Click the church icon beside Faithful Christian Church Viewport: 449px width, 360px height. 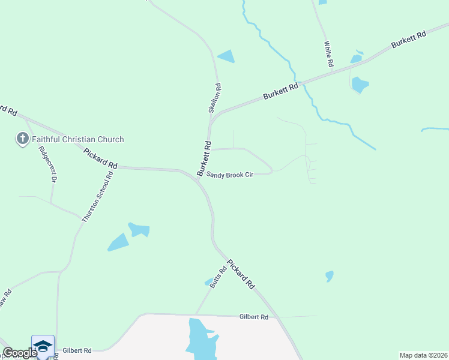(22, 139)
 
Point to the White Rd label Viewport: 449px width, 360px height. (328, 53)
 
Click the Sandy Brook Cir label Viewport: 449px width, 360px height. (230, 175)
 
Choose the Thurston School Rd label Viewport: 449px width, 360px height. (98, 198)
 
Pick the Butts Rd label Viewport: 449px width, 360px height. (218, 277)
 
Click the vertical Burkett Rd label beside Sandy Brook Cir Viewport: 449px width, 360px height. (205, 158)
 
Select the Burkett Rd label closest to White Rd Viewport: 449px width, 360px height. (408, 40)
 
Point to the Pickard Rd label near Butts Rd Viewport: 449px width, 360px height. (241, 275)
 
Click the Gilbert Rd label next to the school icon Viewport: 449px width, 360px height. (77, 350)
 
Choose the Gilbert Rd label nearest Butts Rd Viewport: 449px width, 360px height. (253, 316)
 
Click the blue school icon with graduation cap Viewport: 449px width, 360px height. (43, 346)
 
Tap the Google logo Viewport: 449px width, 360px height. (20, 353)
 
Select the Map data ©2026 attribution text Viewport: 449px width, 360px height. (424, 355)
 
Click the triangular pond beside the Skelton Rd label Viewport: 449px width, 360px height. (226, 57)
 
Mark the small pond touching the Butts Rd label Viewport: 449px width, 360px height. (209, 282)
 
